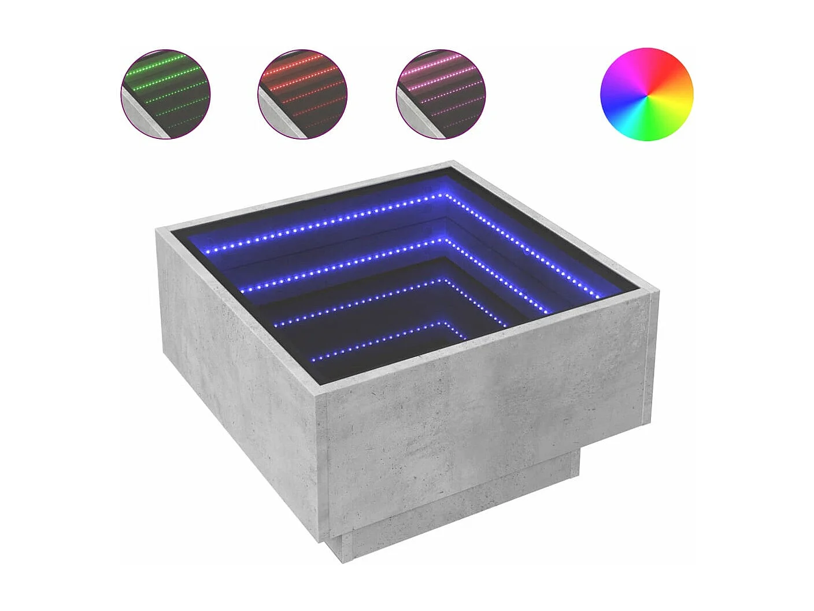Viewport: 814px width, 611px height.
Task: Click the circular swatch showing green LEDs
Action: pos(165,94)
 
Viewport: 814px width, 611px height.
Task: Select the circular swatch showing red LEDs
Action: pos(302,94)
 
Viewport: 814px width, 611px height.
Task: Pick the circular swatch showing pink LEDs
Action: pos(441,94)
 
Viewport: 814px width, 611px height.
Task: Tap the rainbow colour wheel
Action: pos(646,94)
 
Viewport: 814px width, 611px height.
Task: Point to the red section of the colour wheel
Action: pos(676,72)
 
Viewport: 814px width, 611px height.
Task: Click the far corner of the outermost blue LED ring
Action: pos(446,195)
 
